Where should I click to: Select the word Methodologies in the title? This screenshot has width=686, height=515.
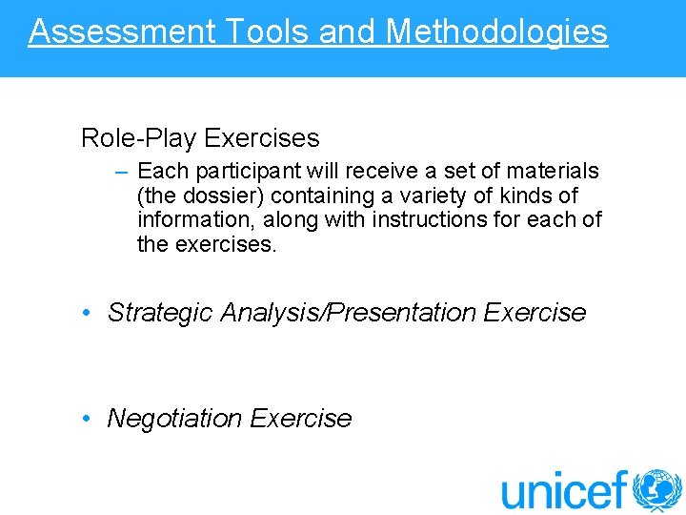(x=496, y=31)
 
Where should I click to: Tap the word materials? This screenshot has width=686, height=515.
(x=555, y=172)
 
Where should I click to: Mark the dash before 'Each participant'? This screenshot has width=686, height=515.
(x=123, y=172)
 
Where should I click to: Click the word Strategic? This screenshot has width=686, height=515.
(x=160, y=313)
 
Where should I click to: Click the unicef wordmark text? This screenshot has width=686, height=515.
(x=565, y=490)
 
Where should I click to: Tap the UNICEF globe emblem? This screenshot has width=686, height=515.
(x=657, y=490)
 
